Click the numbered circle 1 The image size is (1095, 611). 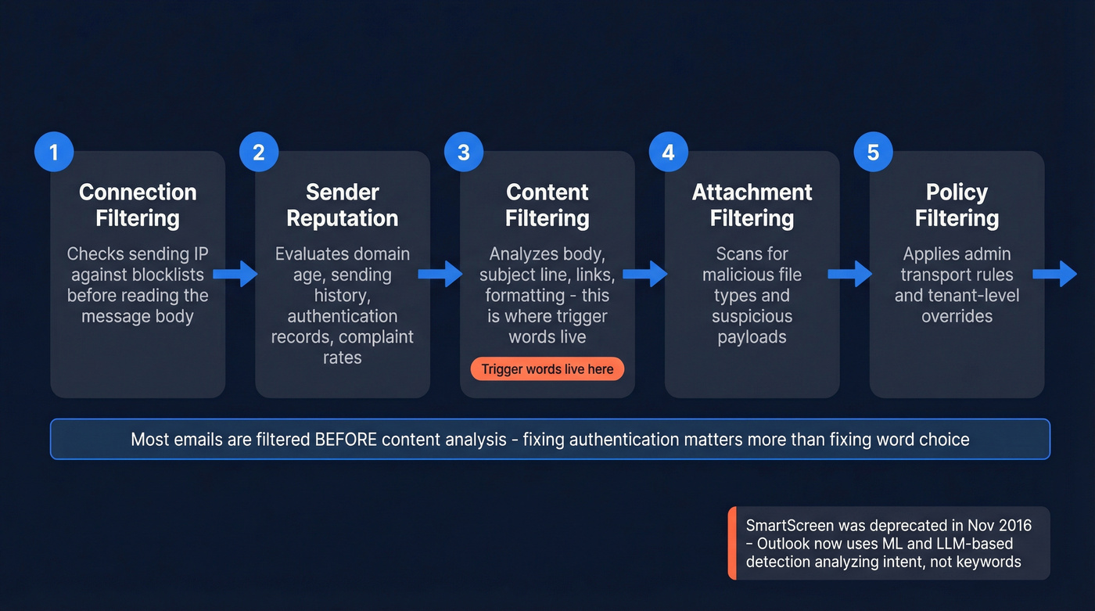pyautogui.click(x=54, y=152)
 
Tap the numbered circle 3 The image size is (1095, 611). pyautogui.click(x=464, y=152)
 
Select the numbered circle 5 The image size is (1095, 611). pyautogui.click(x=874, y=152)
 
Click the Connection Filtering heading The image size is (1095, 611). pyautogui.click(x=138, y=205)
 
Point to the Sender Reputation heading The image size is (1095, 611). pyautogui.click(x=343, y=205)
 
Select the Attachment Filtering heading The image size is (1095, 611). pyautogui.click(x=752, y=205)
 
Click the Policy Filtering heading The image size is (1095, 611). pyautogui.click(x=957, y=205)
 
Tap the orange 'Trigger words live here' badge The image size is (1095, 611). pyautogui.click(x=547, y=369)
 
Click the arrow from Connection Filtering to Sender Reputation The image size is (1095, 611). pyautogui.click(x=235, y=274)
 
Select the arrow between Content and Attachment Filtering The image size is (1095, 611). pyautogui.click(x=645, y=274)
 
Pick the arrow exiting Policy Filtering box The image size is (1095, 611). pyautogui.click(x=1055, y=274)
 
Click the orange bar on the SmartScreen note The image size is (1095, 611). pyautogui.click(x=732, y=543)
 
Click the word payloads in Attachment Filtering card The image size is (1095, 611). pyautogui.click(x=752, y=337)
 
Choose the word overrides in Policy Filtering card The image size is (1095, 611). pyautogui.click(x=957, y=316)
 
